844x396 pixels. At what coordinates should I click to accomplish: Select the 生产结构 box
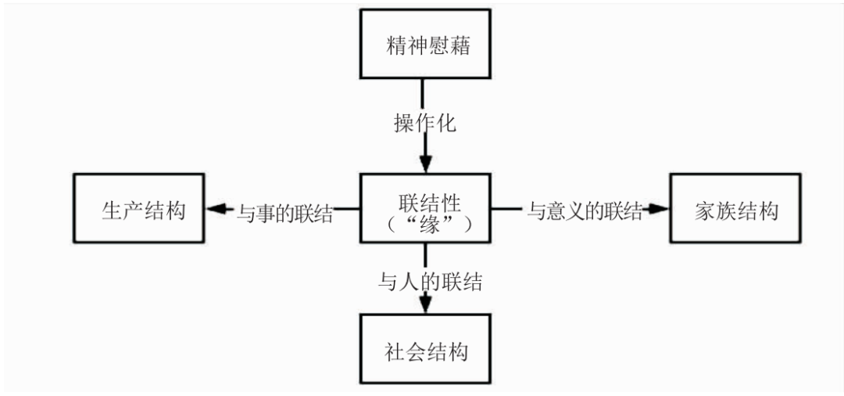(x=138, y=210)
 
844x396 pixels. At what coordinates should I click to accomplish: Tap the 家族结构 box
(x=736, y=210)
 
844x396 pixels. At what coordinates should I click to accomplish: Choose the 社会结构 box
(x=425, y=351)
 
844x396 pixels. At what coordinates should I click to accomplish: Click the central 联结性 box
(x=425, y=210)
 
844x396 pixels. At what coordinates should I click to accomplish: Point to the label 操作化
(x=424, y=124)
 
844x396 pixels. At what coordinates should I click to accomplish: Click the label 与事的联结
(x=284, y=212)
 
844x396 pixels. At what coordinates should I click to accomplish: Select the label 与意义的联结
(x=584, y=211)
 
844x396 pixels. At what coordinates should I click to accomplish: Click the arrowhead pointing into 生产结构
(x=215, y=210)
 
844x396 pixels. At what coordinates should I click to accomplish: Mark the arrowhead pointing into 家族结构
(x=659, y=210)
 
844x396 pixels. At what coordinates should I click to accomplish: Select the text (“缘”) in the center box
(x=426, y=222)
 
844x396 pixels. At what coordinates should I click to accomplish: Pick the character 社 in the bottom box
(x=395, y=351)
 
